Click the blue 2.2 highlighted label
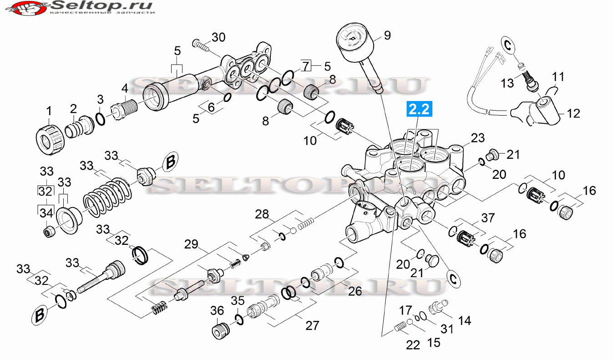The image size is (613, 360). click(419, 109)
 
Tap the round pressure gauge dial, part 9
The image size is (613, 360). click(355, 43)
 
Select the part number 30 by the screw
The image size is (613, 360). click(218, 37)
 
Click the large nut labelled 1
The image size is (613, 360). click(51, 140)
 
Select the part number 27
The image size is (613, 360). click(312, 325)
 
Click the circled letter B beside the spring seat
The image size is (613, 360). click(170, 162)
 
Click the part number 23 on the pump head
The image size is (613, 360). click(477, 138)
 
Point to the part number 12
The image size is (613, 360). click(573, 113)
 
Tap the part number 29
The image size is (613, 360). click(191, 244)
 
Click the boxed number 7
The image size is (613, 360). click(306, 66)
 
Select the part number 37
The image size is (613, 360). click(488, 218)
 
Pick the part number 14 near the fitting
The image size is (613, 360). click(464, 320)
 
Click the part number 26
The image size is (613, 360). click(355, 291)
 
